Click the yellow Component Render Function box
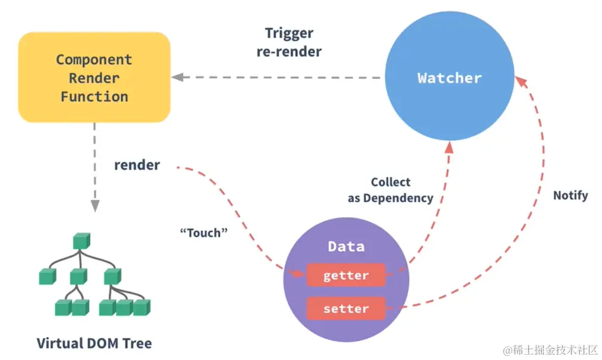pos(94,78)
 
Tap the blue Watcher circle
pos(449,78)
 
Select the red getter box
pos(346,276)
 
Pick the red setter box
pos(346,309)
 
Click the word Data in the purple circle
pos(346,247)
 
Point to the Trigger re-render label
pos(289,42)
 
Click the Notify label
pos(570,195)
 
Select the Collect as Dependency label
pos(391,190)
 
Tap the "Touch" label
pos(204,233)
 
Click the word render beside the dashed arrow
pos(137,165)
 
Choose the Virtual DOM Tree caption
pos(94,343)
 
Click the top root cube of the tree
pos(81,241)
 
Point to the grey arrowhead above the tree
pos(94,205)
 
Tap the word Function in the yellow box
pos(94,97)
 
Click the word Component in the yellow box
pos(94,60)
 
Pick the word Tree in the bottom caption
pos(138,343)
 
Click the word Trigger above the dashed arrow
pos(289,33)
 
